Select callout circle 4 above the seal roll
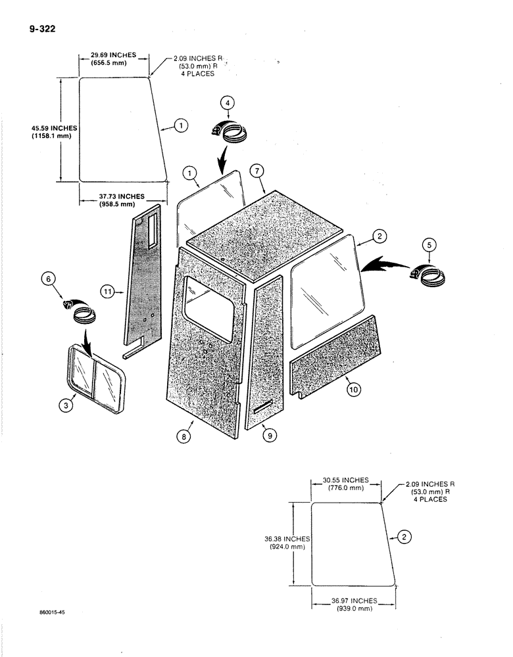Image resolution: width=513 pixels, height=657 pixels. [x=227, y=103]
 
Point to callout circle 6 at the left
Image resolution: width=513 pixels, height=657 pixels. [x=47, y=279]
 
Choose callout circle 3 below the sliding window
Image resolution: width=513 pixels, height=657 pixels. [x=66, y=406]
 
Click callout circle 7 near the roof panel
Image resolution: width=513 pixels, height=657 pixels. [x=256, y=171]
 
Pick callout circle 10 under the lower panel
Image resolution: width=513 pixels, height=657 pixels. [x=353, y=389]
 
